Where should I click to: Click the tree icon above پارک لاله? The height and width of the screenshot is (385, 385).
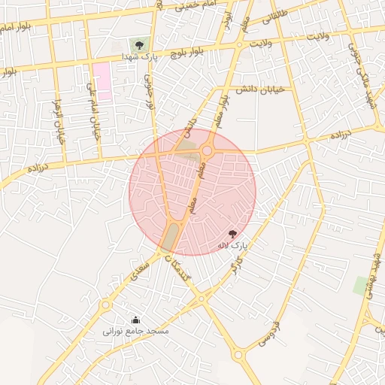click(232, 234)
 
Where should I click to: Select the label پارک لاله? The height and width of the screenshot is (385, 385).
click(232, 245)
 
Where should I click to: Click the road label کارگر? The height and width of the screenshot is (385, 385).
click(235, 264)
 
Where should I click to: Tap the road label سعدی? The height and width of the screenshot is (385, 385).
click(138, 270)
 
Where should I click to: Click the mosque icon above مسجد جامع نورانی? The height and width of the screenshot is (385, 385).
click(135, 320)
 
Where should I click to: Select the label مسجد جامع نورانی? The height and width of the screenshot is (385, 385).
click(136, 331)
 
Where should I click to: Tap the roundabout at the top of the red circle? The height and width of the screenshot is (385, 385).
click(207, 150)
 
